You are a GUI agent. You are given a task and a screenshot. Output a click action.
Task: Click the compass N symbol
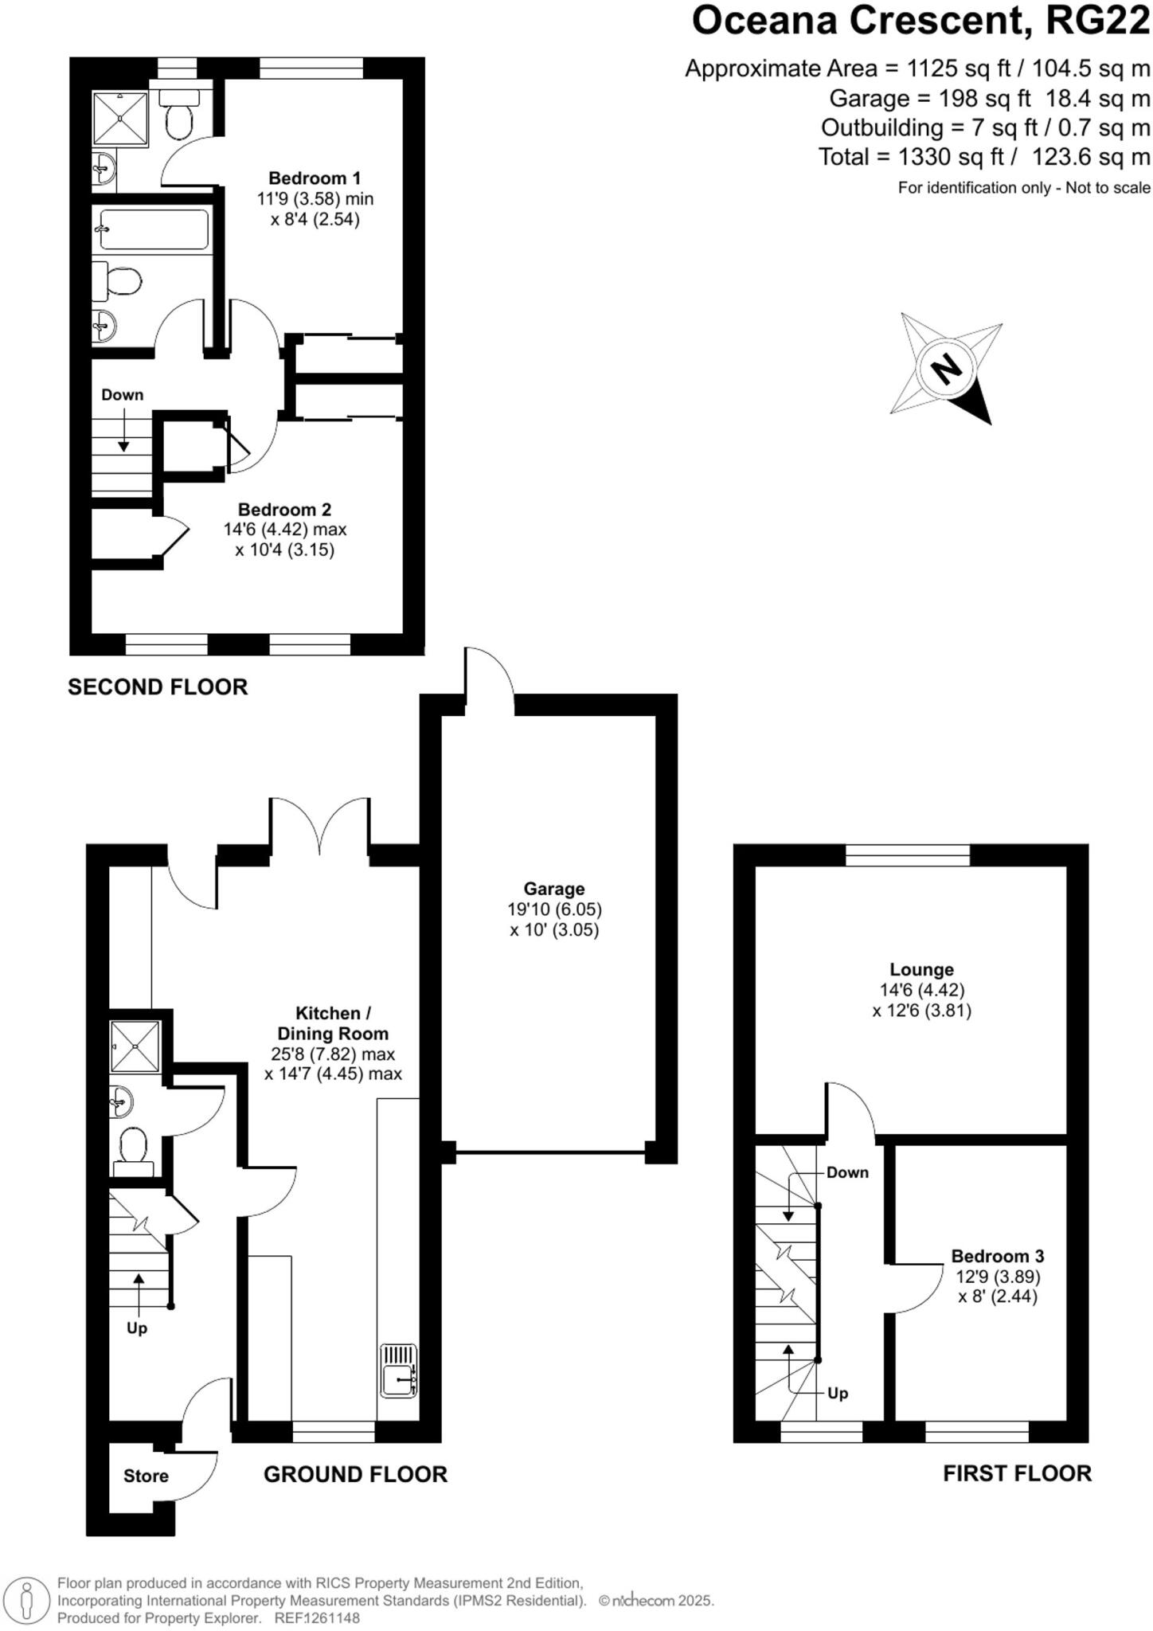click(946, 370)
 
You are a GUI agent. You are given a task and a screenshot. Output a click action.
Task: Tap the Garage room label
click(554, 889)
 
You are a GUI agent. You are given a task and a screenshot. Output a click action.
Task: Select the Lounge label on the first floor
click(921, 969)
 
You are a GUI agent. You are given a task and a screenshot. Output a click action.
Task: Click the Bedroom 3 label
click(997, 1256)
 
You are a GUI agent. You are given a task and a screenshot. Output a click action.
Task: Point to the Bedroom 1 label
click(315, 178)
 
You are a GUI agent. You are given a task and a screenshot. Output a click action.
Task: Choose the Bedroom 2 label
click(284, 510)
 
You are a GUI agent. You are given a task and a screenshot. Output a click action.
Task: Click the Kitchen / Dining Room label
click(333, 1023)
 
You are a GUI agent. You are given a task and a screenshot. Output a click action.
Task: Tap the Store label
click(146, 1476)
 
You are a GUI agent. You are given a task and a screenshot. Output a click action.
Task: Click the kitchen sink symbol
click(399, 1370)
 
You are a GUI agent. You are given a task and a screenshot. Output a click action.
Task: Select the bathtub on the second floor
click(151, 229)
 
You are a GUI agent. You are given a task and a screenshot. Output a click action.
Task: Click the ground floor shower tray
click(135, 1046)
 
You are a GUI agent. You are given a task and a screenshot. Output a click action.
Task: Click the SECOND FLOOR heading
click(158, 686)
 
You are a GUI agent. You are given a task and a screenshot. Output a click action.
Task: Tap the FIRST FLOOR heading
click(1017, 1473)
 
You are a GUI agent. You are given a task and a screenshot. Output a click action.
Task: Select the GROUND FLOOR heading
click(355, 1474)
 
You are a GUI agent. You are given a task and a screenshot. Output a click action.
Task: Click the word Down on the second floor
click(123, 395)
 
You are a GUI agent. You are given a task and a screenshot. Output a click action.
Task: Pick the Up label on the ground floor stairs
click(137, 1328)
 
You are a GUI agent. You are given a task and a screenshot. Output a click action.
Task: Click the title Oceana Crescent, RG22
click(920, 21)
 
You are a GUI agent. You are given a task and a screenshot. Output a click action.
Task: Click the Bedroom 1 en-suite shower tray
click(120, 119)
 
